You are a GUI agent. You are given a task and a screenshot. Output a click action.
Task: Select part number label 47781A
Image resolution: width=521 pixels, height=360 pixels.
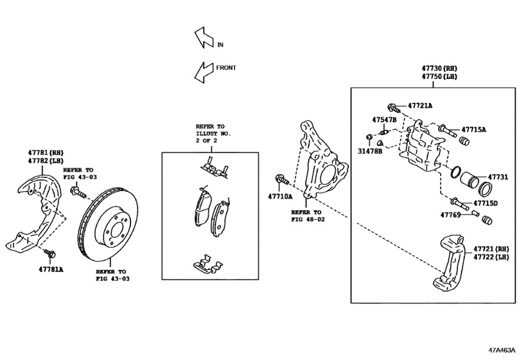coord(51,269)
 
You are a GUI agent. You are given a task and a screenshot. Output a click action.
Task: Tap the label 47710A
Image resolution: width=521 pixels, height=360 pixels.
coord(280,196)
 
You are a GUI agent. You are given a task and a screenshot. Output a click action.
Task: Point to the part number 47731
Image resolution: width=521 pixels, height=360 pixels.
coord(497,176)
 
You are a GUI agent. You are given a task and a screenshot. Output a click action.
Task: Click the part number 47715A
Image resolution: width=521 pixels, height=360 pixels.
coord(473,130)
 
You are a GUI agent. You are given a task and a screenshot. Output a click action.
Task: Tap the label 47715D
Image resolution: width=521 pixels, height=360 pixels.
coord(486,203)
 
